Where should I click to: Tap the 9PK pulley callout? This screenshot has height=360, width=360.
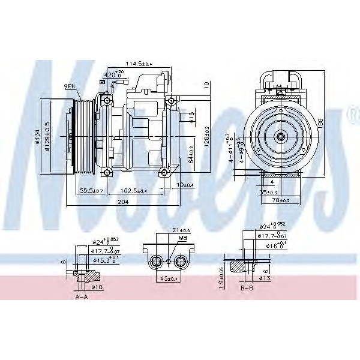[71, 86]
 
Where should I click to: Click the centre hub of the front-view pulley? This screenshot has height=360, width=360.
[280, 137]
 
